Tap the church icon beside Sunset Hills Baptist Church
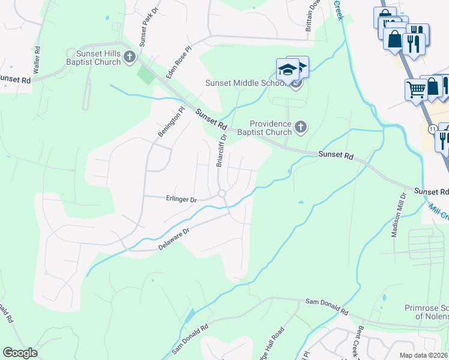(130, 58)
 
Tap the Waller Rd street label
(37, 61)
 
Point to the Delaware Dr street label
(174, 238)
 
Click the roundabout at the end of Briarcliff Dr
(221, 193)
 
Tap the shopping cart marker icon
(415, 90)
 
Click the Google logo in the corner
(20, 353)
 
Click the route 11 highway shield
(432, 128)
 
